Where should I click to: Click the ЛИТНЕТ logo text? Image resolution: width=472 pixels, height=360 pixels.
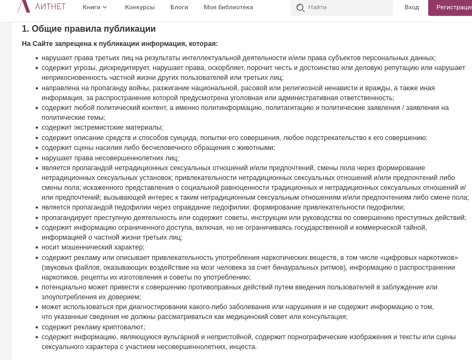coord(50,7)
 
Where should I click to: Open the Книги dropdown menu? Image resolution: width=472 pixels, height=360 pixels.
coord(95,7)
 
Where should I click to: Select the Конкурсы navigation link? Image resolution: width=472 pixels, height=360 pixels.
coord(140,7)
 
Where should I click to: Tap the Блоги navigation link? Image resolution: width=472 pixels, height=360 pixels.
coord(179,7)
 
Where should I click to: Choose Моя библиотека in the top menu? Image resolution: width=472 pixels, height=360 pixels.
coord(228,7)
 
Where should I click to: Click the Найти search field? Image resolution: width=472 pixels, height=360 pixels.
coord(348,8)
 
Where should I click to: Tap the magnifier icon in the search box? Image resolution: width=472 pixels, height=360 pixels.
coord(300,8)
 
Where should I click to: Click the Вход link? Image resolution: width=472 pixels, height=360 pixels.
coord(412,7)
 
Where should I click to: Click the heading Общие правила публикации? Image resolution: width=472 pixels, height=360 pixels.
coord(89,29)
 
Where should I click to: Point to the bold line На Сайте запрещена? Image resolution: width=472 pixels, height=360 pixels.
coord(120,44)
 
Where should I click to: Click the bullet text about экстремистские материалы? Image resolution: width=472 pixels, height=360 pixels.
coord(102,127)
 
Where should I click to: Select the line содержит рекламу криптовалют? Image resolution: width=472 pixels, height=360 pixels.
coord(93,327)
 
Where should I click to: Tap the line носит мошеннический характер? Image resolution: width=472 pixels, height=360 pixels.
coord(93,247)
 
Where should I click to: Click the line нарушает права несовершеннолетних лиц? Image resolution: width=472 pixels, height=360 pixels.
coord(110,158)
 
